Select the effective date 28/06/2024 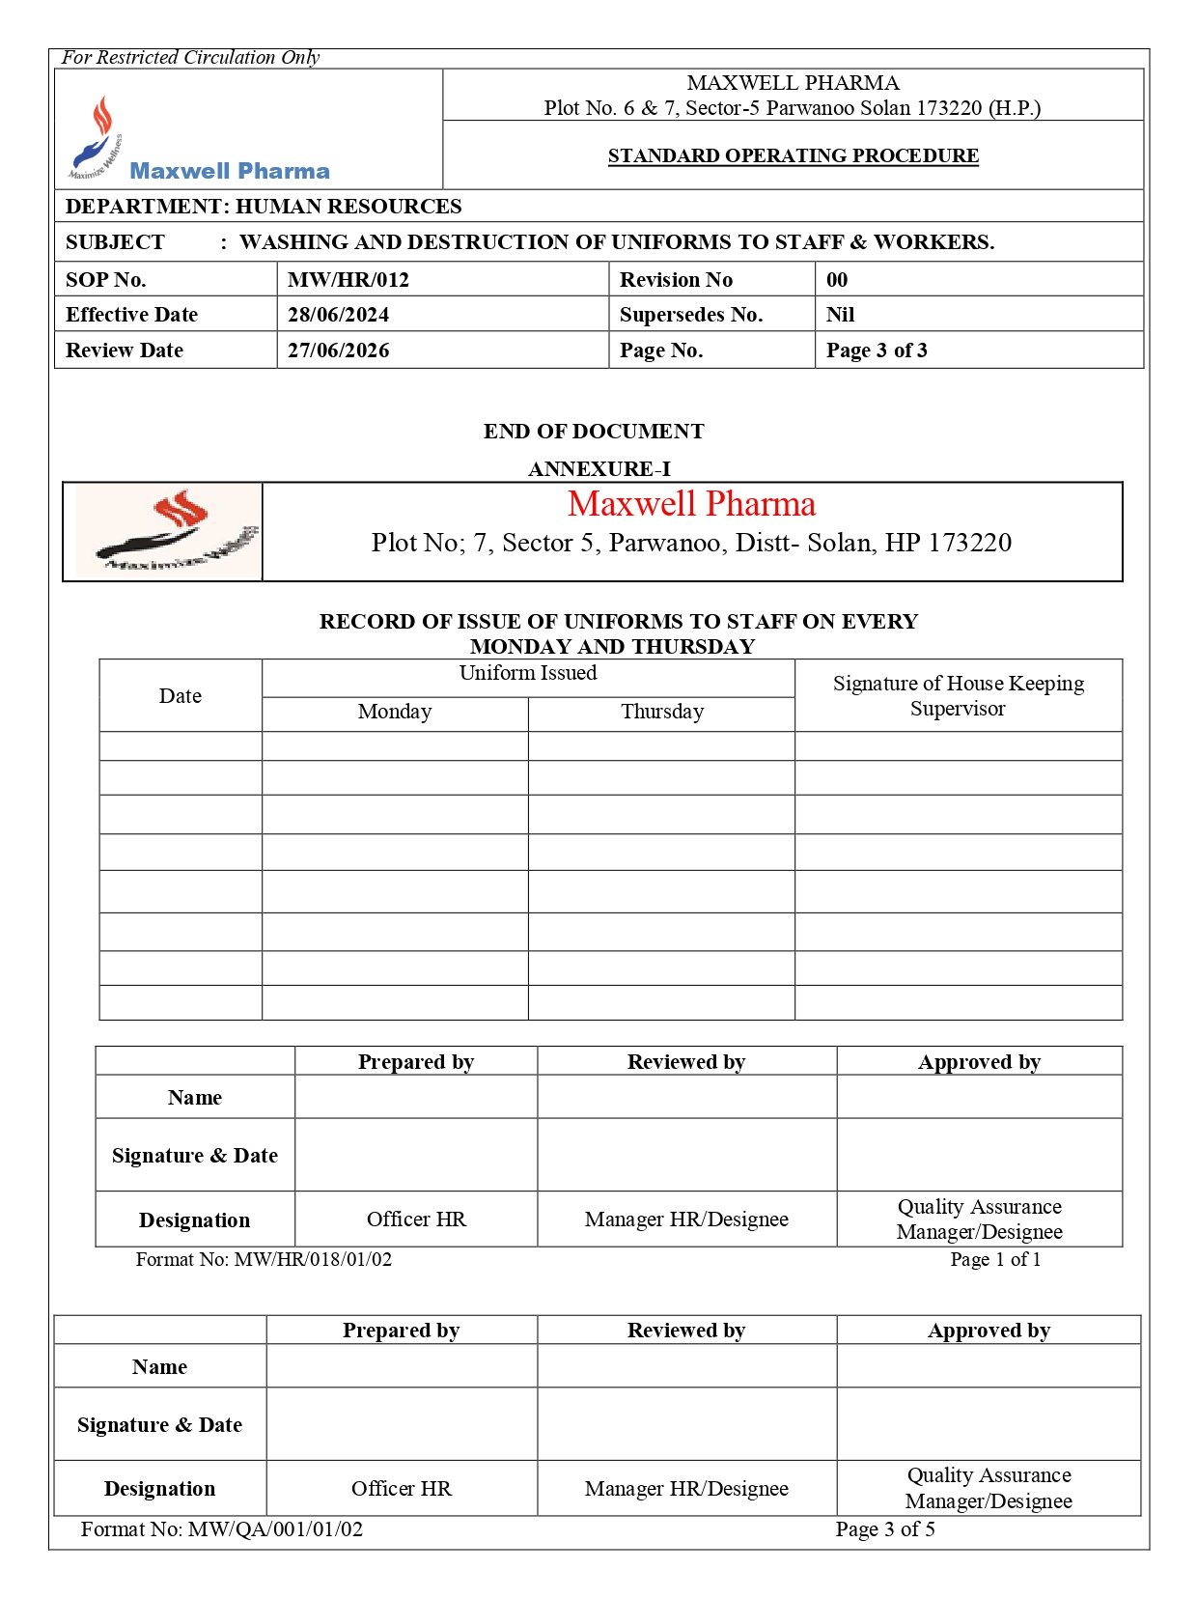pos(338,315)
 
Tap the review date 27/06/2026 pos(338,350)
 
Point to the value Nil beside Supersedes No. pos(840,315)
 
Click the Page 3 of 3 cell pos(877,350)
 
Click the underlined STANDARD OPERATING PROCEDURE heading pos(793,155)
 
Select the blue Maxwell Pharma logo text pos(230,171)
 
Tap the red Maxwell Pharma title pos(691,504)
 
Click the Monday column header pos(394,712)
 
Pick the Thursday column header pos(662,712)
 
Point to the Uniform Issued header pos(528,673)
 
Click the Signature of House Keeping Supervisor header pos(958,695)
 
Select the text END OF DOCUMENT pos(594,432)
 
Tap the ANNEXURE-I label pos(599,469)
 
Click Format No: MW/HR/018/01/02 pos(264,1259)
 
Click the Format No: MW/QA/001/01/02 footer pos(222,1529)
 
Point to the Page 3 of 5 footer pos(885,1529)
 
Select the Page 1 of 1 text pos(995,1259)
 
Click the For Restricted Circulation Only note pos(190,57)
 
